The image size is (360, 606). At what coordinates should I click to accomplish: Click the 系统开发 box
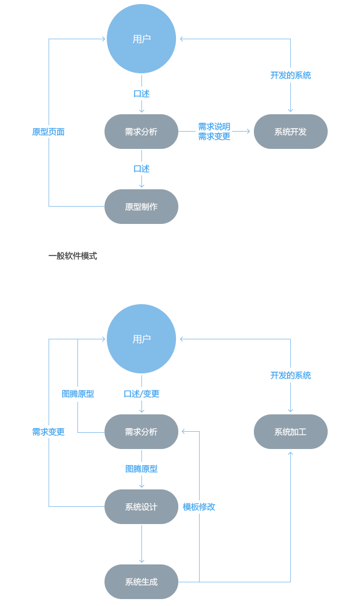(290, 132)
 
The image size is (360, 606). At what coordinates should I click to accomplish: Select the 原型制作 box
(141, 207)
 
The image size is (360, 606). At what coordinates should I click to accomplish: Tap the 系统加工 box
(290, 432)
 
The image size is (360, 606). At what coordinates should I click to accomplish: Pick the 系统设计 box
(141, 507)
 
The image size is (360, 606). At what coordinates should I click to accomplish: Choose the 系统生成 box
(141, 582)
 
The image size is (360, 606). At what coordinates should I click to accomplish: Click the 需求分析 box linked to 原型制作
(141, 132)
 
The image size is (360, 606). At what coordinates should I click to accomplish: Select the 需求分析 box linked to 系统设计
(141, 432)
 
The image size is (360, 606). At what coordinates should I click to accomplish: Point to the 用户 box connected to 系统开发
(141, 39)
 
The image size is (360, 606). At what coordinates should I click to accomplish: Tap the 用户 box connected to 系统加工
(141, 339)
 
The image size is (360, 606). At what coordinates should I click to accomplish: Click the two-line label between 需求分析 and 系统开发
(214, 131)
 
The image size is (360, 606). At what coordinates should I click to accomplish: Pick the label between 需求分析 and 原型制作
(141, 169)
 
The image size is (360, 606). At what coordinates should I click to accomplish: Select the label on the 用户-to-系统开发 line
(290, 75)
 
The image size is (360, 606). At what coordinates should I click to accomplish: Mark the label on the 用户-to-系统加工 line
(290, 375)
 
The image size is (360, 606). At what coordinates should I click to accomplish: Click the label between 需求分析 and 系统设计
(141, 469)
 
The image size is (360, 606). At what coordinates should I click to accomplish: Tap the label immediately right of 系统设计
(199, 507)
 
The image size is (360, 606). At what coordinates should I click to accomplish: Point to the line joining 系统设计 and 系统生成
(141, 543)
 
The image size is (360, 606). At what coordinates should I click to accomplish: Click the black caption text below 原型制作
(73, 256)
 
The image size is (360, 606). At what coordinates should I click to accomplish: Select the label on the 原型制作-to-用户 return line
(48, 132)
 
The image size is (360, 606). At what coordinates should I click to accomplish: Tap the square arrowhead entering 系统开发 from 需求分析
(249, 132)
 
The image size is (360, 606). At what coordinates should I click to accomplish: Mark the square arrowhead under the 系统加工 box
(290, 453)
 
